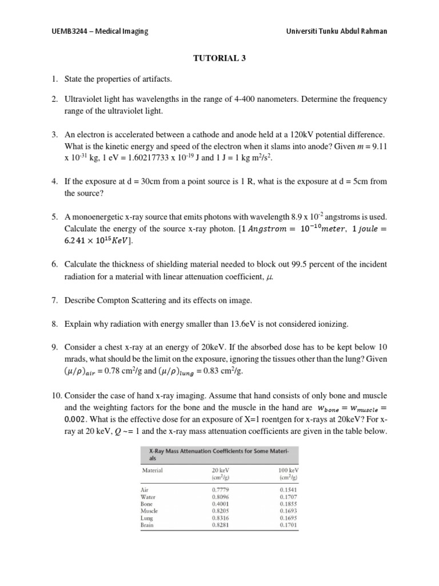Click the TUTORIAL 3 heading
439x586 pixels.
click(x=219, y=57)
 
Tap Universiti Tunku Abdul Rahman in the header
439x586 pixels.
click(x=336, y=31)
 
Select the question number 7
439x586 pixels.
click(x=55, y=300)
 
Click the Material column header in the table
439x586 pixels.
click(x=152, y=470)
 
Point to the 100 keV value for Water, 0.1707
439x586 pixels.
click(x=289, y=497)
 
